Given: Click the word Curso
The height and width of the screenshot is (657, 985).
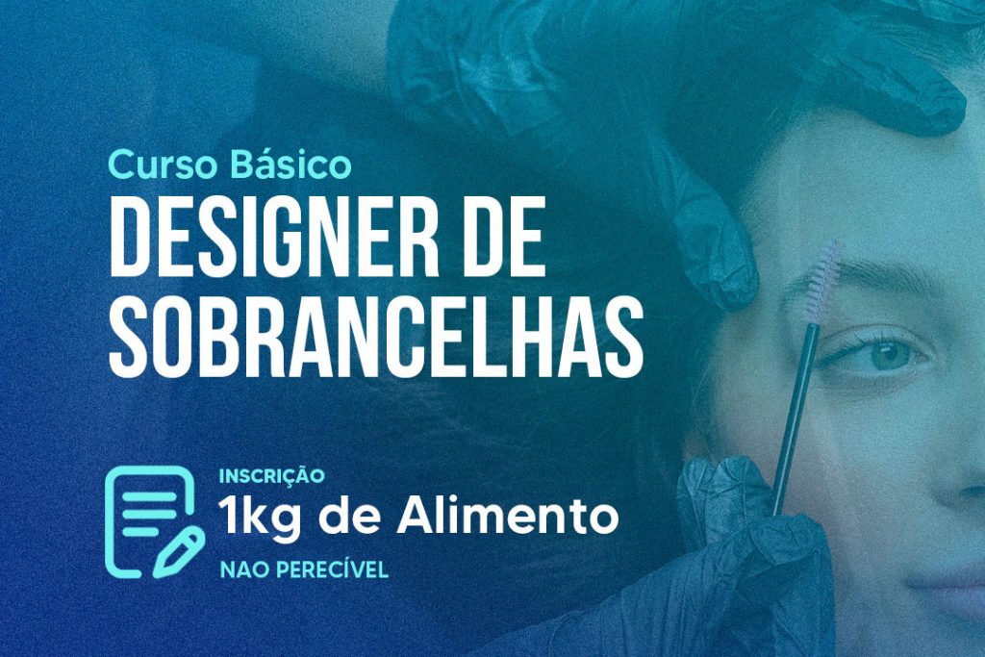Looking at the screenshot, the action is [165, 164].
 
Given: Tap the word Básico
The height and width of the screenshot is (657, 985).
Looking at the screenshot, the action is [290, 164].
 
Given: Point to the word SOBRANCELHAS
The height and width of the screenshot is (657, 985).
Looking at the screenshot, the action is [376, 336].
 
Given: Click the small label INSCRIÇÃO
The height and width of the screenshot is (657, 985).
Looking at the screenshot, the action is [271, 475].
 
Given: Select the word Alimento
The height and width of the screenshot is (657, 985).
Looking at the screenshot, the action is [508, 516].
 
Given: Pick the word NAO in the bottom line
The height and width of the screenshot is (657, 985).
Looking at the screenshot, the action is [244, 569].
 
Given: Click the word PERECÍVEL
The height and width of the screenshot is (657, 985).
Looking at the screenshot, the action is [332, 569].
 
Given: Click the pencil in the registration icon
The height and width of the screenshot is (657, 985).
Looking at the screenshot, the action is [178, 552].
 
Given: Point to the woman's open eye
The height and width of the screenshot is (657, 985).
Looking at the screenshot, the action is [878, 355].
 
